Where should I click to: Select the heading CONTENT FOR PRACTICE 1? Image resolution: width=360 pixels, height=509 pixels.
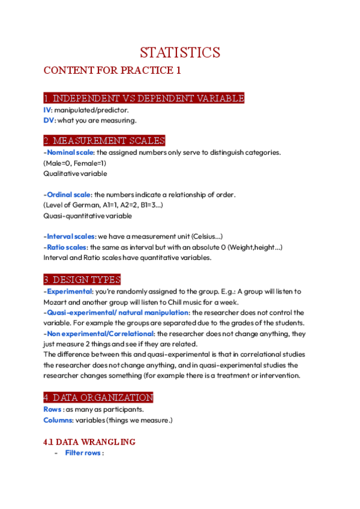tap(112, 70)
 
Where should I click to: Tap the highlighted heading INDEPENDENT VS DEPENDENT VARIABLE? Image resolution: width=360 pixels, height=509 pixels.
tap(143, 98)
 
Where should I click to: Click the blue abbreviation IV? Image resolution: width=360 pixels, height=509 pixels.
tap(47, 110)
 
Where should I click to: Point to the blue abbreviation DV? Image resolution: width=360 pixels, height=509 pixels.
tap(49, 120)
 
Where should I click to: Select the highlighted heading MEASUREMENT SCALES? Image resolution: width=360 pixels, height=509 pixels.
tap(104, 141)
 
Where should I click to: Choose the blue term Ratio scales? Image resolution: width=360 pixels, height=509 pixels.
tap(65, 247)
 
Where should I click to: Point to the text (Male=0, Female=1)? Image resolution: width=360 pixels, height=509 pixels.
tap(74, 163)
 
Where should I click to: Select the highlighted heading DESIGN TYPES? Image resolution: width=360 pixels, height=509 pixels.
tap(82, 280)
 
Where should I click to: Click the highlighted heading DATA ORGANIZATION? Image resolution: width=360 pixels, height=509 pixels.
tap(98, 397)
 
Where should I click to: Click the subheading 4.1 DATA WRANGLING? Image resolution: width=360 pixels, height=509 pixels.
tap(89, 442)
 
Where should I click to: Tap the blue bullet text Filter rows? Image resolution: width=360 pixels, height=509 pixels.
tap(83, 453)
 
